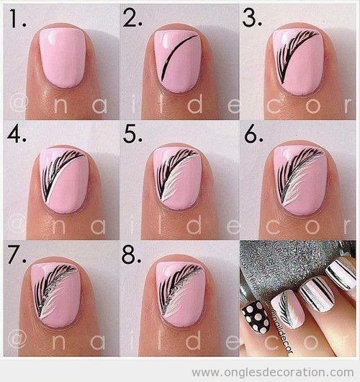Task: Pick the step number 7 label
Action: pos(17,255)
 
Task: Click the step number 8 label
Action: pos(132,255)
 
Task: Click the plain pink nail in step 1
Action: pos(63,58)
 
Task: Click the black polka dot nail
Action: pos(256,317)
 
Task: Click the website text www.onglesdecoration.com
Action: pos(272,373)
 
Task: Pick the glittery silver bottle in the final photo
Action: pos(287,265)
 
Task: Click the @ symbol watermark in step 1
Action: pos(18,104)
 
